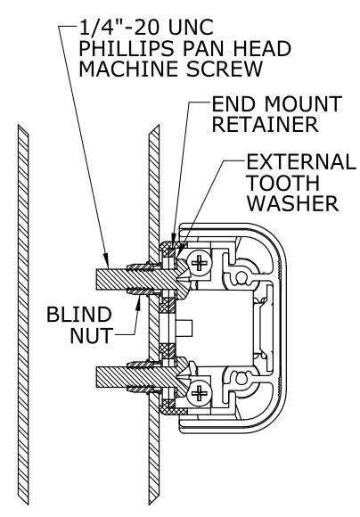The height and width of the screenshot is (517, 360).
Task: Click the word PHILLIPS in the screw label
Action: tap(127, 48)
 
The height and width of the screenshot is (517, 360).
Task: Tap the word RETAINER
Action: tap(265, 124)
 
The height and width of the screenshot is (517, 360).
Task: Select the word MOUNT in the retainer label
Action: tap(303, 104)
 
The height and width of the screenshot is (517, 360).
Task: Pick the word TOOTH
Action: tap(283, 183)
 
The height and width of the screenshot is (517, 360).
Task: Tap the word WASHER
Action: tap(293, 203)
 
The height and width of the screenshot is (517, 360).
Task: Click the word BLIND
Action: tap(79, 315)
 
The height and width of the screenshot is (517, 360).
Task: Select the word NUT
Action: tap(92, 336)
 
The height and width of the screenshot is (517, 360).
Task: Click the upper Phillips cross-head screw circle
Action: tap(199, 264)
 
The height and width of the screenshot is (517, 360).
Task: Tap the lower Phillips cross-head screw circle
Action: tap(199, 393)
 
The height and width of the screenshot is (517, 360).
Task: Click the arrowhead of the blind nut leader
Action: tap(139, 301)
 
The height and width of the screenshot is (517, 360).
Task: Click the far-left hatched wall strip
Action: tap(23, 315)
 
